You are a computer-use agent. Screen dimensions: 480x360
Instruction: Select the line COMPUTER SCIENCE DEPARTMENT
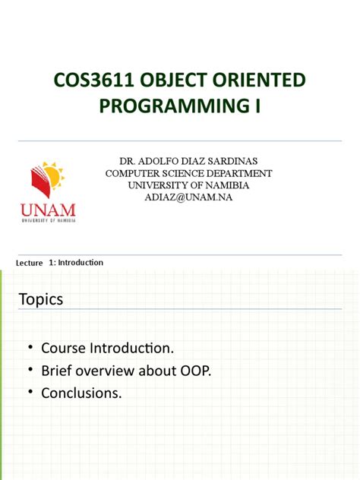pos(188,173)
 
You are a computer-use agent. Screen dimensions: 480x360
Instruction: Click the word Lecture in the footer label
pos(29,263)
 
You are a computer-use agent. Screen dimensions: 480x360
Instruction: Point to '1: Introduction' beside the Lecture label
pos(75,263)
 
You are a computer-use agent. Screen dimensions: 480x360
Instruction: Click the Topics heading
pos(41,300)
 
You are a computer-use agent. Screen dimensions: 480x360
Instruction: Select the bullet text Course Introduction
pos(107,349)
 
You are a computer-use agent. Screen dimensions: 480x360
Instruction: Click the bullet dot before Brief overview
pos(31,371)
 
